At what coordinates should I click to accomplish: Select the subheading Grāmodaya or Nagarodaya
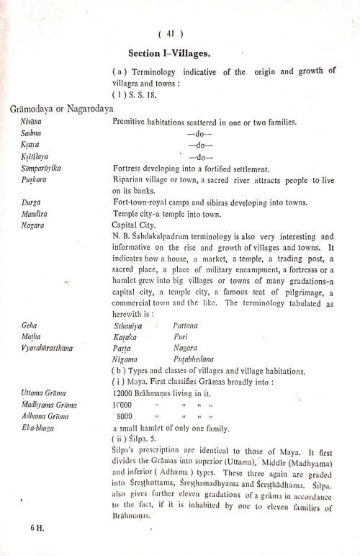pyautogui.click(x=62, y=109)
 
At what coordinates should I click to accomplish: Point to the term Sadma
pyautogui.click(x=32, y=134)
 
